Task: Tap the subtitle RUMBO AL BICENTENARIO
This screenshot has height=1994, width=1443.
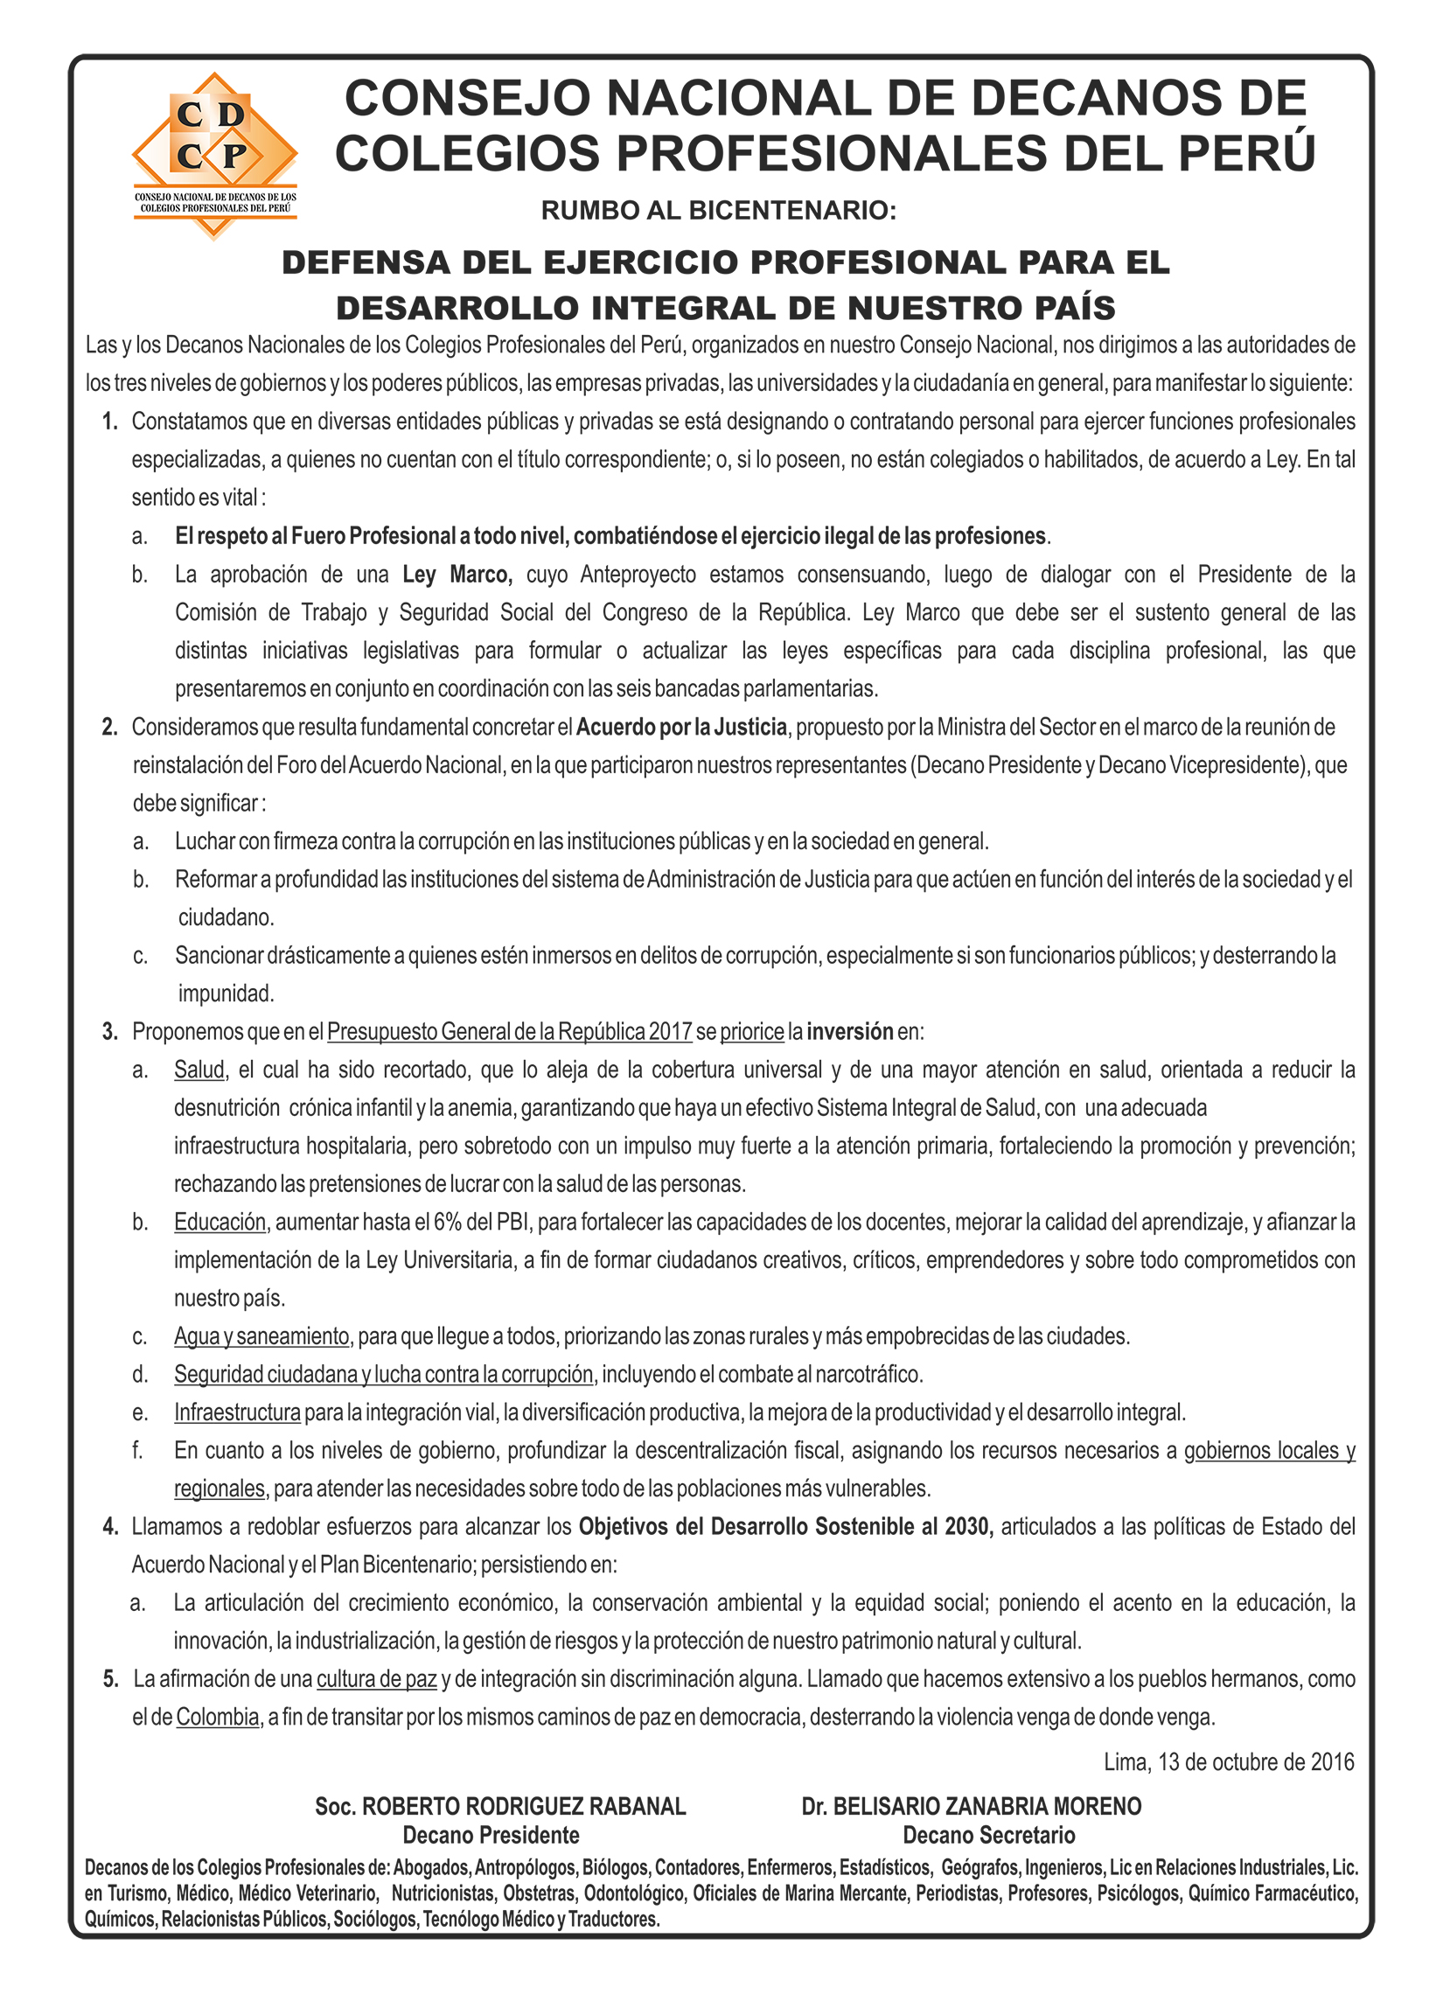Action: [x=718, y=211]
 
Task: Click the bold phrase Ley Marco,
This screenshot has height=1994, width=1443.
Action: [x=457, y=575]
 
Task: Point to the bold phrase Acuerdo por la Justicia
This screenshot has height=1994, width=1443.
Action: [x=681, y=727]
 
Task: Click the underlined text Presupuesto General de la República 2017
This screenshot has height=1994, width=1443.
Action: [x=509, y=1031]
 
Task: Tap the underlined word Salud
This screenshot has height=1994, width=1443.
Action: [x=199, y=1070]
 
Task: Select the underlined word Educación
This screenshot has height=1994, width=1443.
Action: [x=220, y=1222]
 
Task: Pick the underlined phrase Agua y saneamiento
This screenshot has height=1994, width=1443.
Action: [x=262, y=1336]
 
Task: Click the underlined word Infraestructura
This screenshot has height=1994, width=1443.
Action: [x=237, y=1413]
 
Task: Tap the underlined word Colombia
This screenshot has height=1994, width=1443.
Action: [x=217, y=1717]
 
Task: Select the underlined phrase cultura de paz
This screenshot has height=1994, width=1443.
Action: [x=376, y=1679]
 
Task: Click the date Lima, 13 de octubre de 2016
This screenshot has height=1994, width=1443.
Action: [x=1229, y=1762]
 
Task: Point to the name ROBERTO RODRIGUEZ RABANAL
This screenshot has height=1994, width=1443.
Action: [x=524, y=1807]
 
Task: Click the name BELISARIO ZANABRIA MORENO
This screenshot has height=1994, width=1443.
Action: [x=986, y=1807]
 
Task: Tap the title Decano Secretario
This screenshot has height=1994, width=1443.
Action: [x=988, y=1835]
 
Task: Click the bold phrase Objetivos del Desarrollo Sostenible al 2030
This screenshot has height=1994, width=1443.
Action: [x=784, y=1526]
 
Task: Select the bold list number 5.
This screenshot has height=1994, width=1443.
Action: [x=110, y=1679]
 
